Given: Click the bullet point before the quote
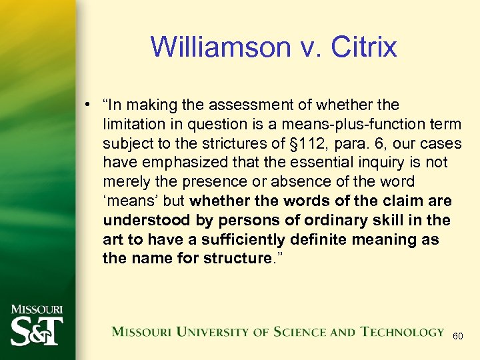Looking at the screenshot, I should (x=88, y=105).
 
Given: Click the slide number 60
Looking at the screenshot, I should (x=458, y=336).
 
